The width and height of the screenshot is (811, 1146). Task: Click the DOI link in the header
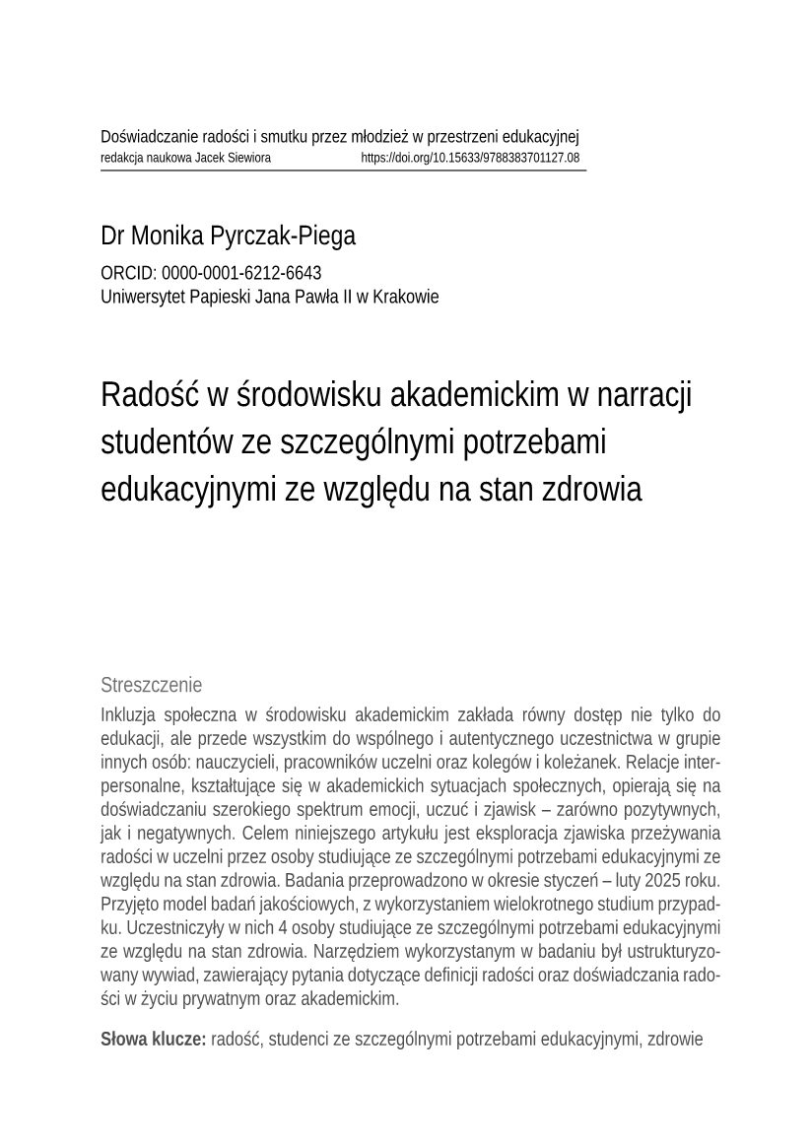tap(470, 158)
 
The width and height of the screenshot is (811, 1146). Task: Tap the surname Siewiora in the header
tap(247, 158)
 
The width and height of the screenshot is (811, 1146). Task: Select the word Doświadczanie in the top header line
tap(149, 137)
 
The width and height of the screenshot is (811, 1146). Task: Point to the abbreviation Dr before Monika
tap(111, 236)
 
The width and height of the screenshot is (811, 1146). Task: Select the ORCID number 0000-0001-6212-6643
tap(241, 273)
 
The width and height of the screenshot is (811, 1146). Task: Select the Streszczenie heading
tap(151, 685)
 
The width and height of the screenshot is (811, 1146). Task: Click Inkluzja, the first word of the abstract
tap(131, 714)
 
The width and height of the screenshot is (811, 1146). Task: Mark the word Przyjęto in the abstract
tap(131, 905)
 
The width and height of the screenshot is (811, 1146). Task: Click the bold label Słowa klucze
tap(153, 1039)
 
